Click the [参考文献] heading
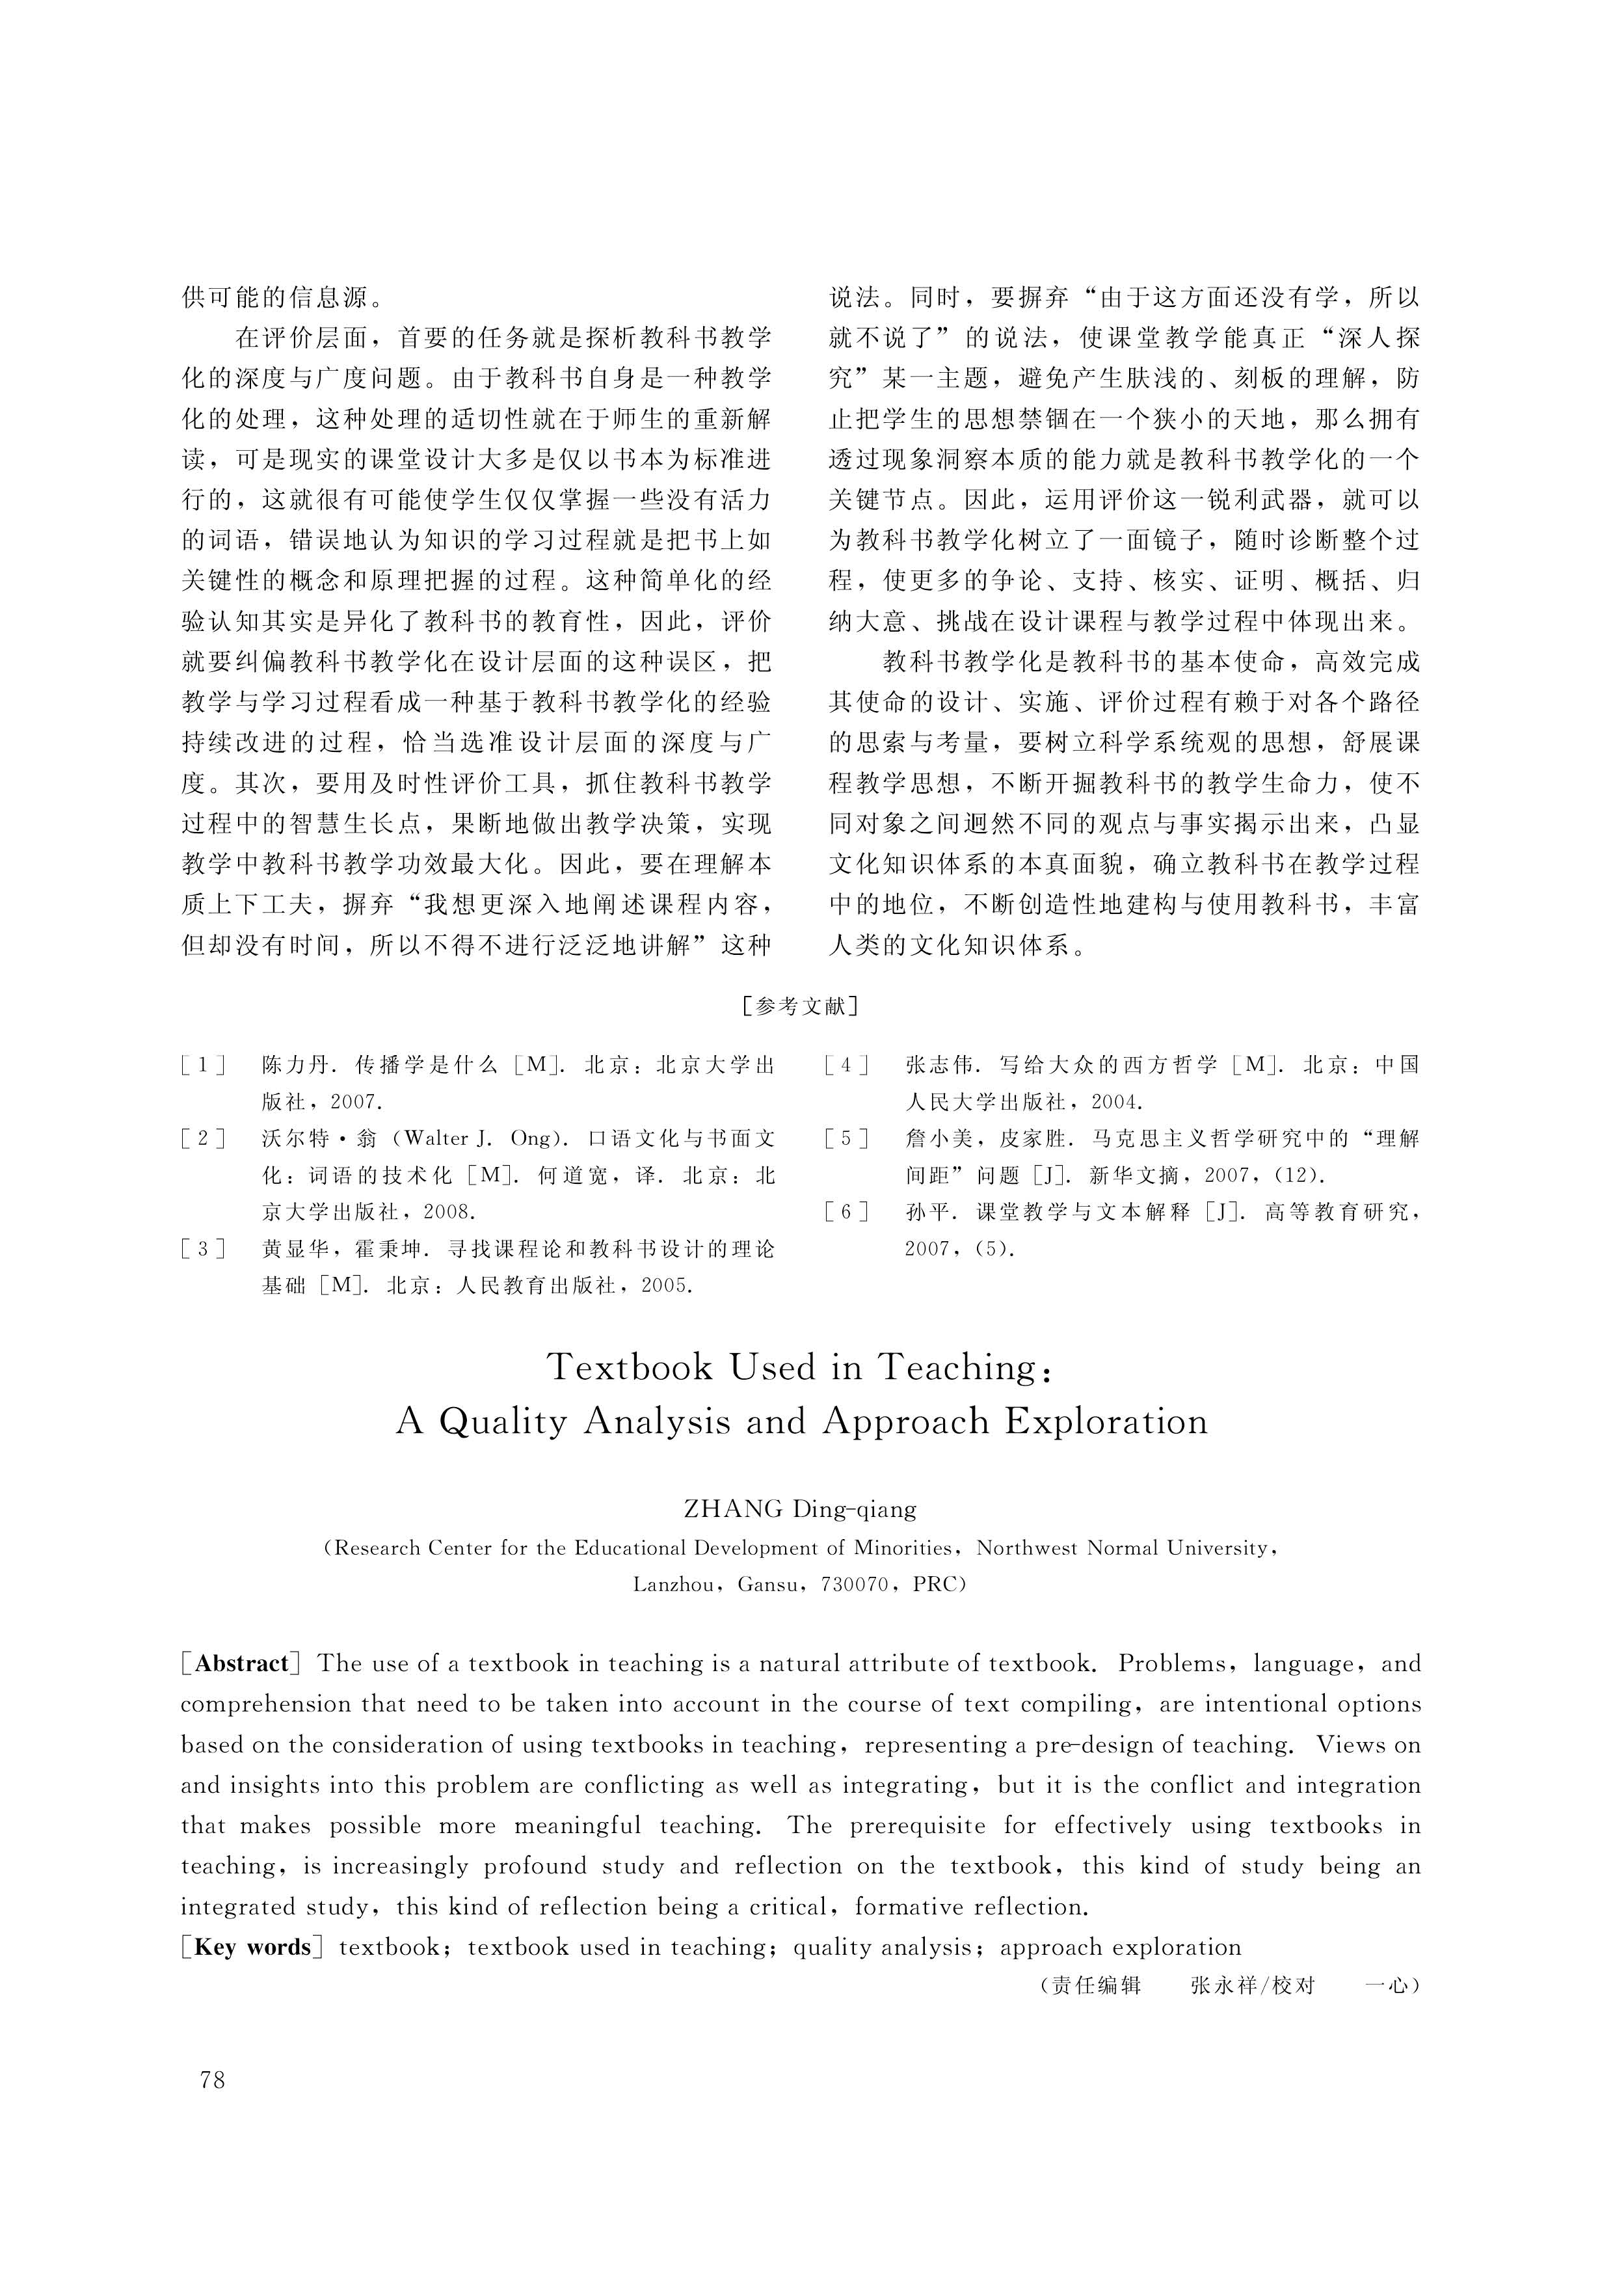coord(801,1006)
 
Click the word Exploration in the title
coord(1106,1421)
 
